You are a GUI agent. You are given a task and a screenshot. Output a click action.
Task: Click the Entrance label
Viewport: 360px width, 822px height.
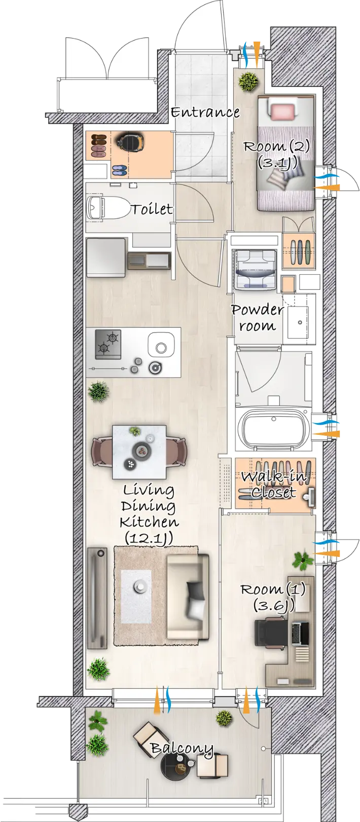pyautogui.click(x=205, y=112)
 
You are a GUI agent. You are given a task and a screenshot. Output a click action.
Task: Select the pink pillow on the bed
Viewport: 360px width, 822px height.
pyautogui.click(x=283, y=111)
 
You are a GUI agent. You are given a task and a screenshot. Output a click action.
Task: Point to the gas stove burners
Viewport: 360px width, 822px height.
pyautogui.click(x=108, y=344)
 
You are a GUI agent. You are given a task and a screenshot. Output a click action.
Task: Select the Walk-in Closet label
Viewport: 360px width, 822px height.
pyautogui.click(x=274, y=484)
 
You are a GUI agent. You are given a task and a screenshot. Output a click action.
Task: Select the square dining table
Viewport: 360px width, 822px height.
pyautogui.click(x=139, y=452)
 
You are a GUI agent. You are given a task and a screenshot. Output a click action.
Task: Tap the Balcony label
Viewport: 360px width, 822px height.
pyautogui.click(x=182, y=749)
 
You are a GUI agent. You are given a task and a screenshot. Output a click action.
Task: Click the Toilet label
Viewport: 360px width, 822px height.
pyautogui.click(x=152, y=209)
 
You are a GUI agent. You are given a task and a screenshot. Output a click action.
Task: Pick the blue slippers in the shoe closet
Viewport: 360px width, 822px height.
pyautogui.click(x=119, y=170)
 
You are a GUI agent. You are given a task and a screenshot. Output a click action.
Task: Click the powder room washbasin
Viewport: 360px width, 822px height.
pyautogui.click(x=298, y=322)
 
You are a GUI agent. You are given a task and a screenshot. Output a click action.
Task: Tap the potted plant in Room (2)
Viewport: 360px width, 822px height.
pyautogui.click(x=249, y=81)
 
